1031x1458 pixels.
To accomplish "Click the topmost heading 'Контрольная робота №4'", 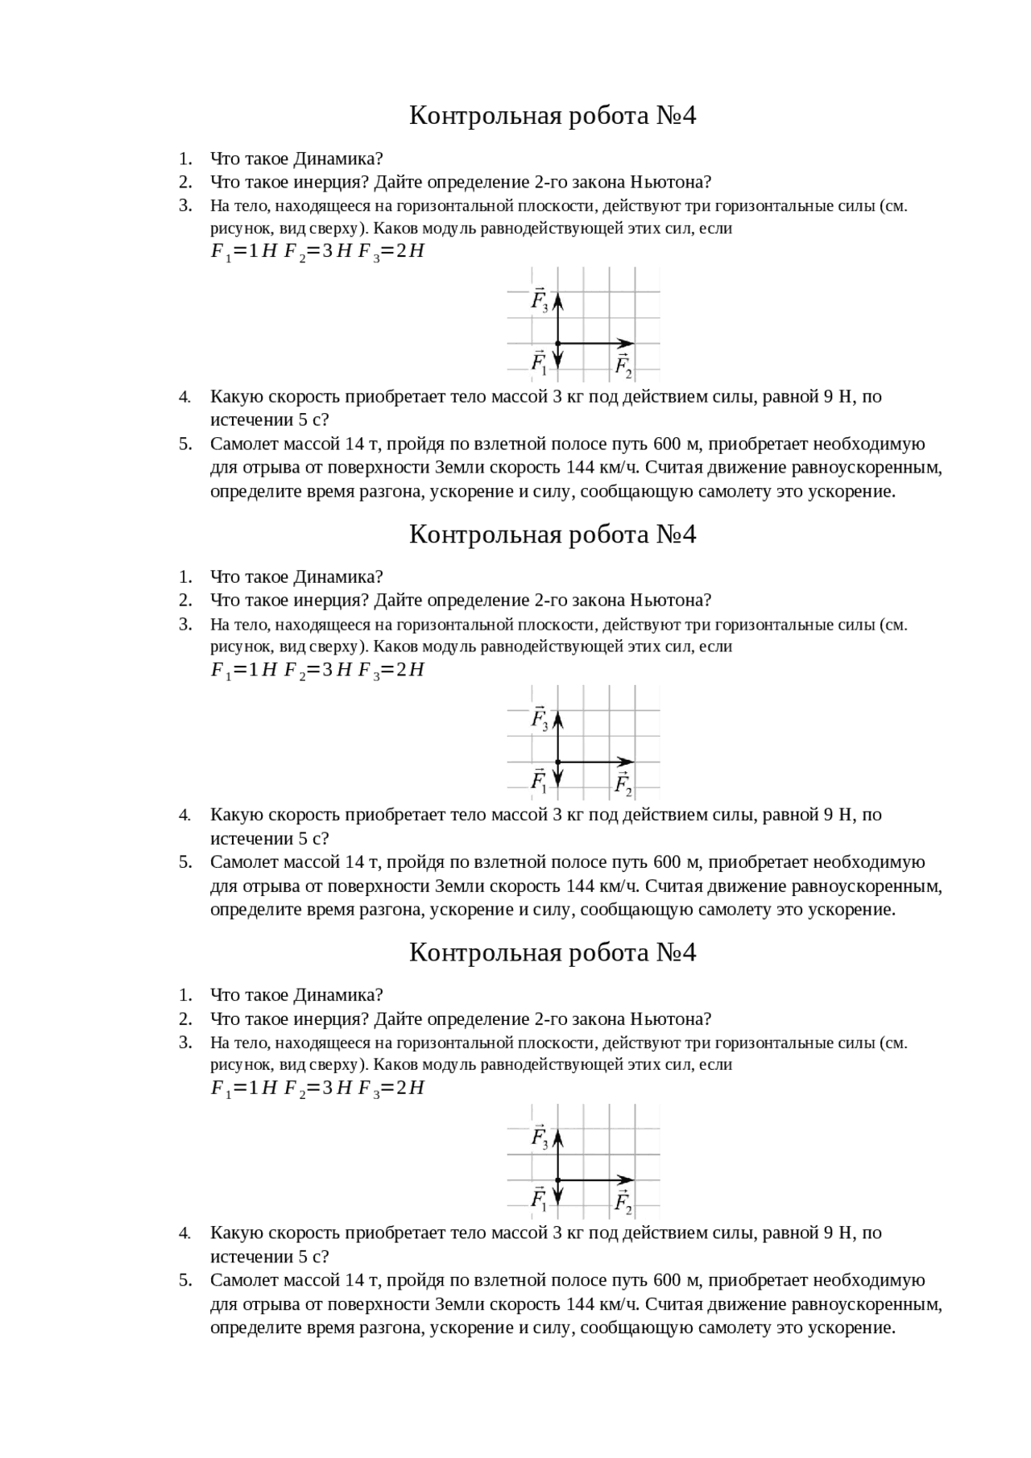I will (x=552, y=116).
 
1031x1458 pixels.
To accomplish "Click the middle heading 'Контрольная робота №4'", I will (x=552, y=535).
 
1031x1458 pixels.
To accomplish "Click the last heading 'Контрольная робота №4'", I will (x=552, y=952).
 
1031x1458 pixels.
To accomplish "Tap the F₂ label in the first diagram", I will (x=623, y=366).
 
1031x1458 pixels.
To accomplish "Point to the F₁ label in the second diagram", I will (x=539, y=780).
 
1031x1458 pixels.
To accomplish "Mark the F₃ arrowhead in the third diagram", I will (x=557, y=1136).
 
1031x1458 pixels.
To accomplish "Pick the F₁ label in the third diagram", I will (x=539, y=1199).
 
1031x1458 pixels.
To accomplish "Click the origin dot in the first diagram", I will (x=557, y=344).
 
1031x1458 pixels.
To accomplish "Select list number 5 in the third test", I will (x=185, y=1281).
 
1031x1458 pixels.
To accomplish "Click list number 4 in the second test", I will (x=185, y=816).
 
